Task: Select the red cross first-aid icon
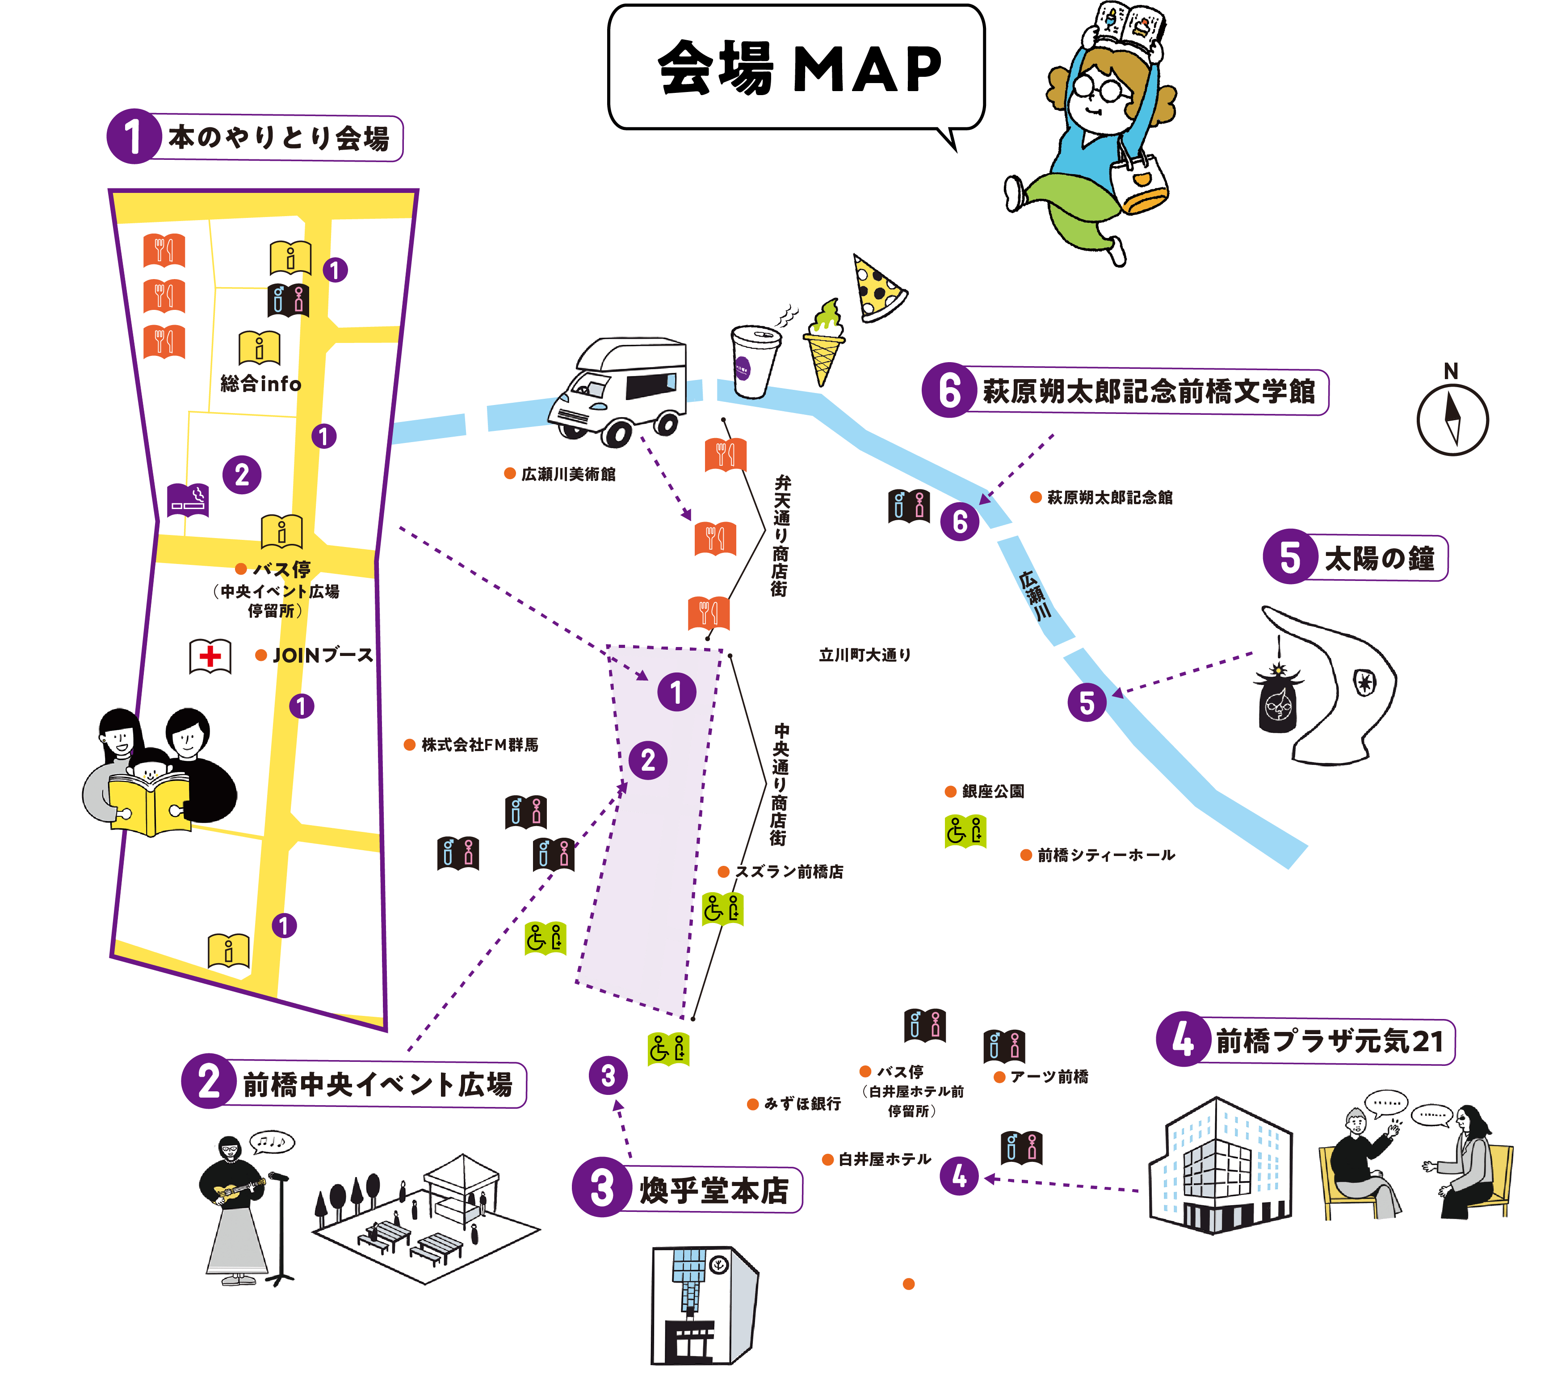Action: [210, 656]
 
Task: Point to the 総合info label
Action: [260, 384]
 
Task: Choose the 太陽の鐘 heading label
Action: [1379, 558]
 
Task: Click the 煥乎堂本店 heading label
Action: [713, 1190]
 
